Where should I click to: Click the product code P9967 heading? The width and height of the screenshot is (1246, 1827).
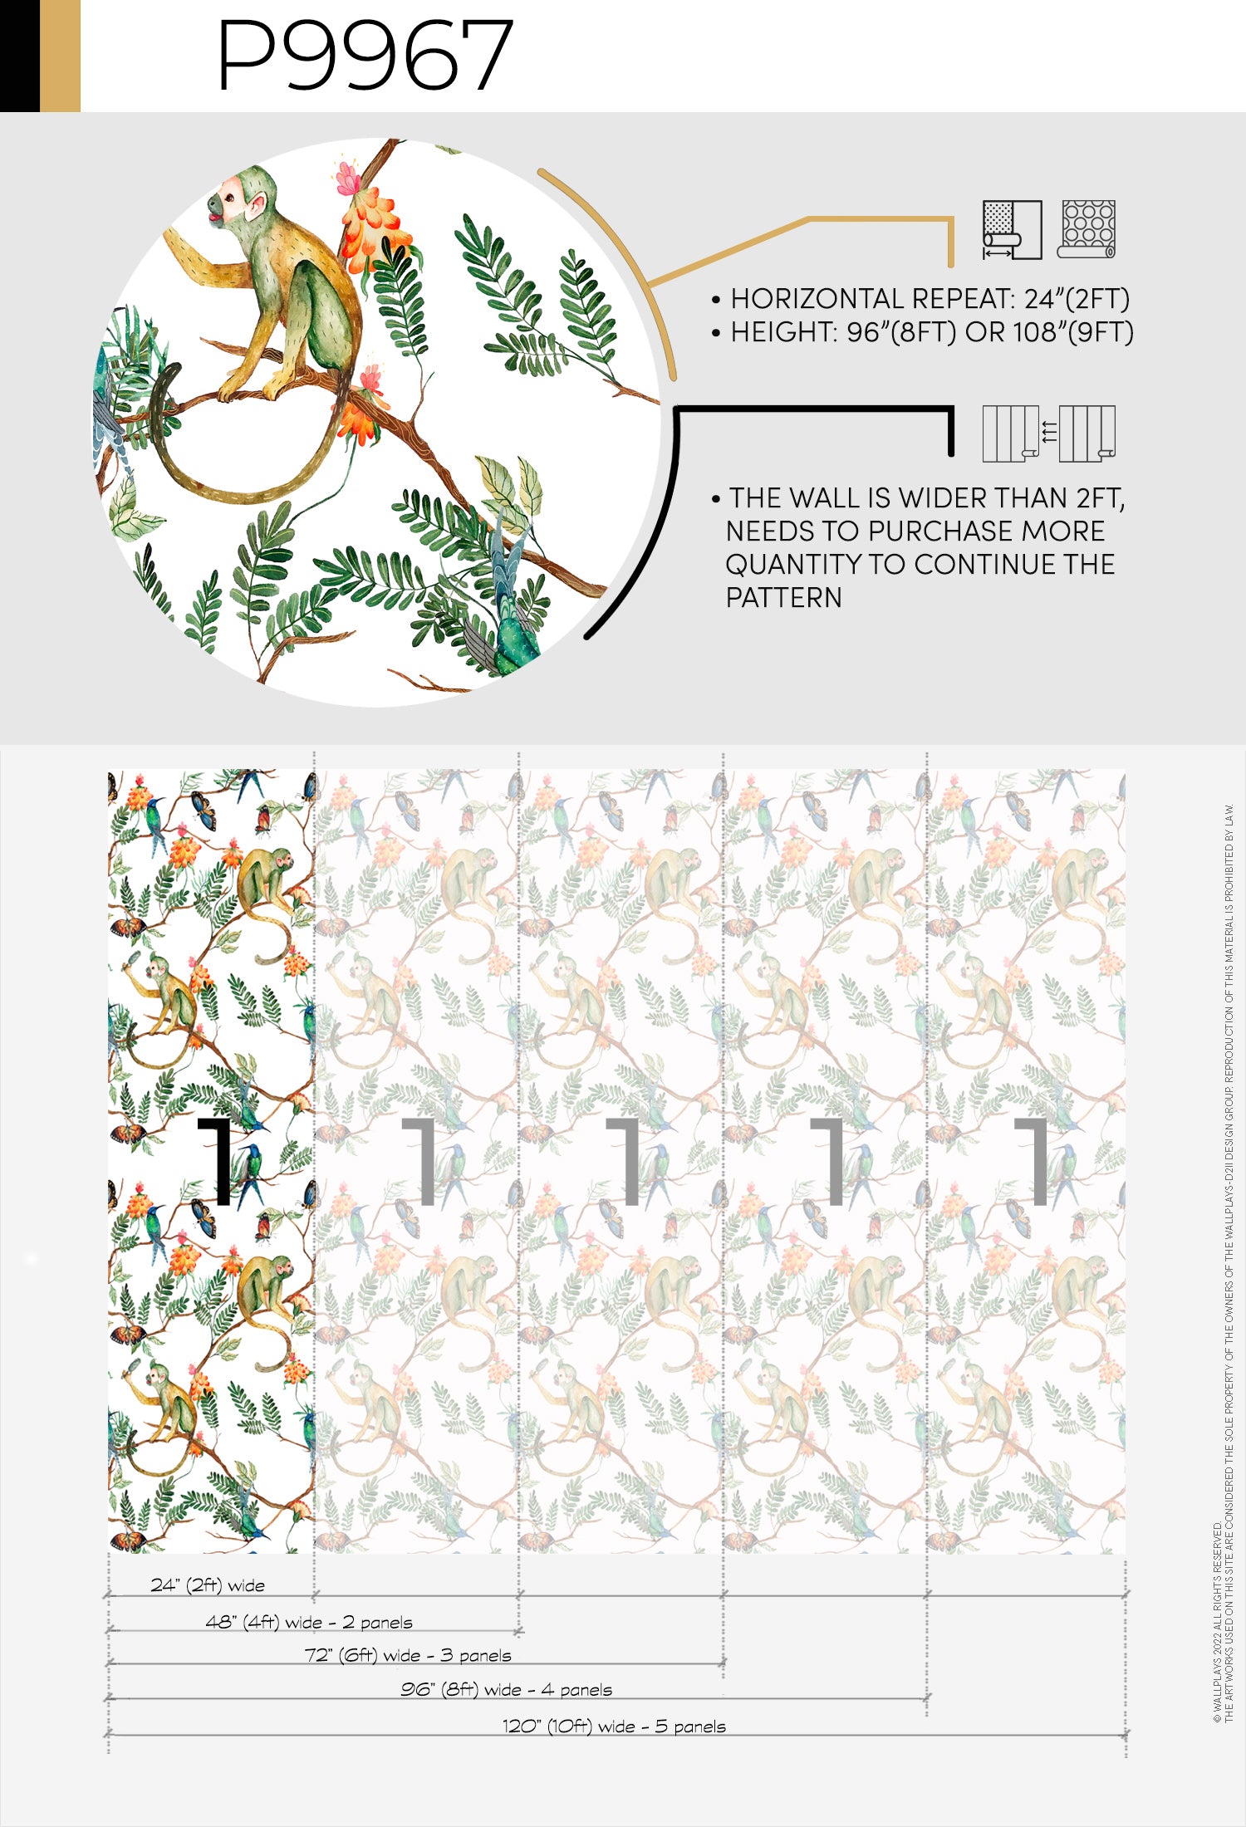tap(365, 55)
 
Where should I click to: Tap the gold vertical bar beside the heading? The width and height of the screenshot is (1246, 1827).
tap(60, 56)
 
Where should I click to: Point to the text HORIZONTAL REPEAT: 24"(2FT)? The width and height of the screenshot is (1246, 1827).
tap(930, 299)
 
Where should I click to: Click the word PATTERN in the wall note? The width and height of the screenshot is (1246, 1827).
tap(783, 598)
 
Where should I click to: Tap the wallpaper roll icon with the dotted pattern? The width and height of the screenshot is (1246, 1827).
tap(1012, 229)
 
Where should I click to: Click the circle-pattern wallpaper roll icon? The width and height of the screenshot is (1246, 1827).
tap(1087, 229)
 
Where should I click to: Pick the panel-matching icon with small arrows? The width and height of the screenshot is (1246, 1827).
tap(1049, 433)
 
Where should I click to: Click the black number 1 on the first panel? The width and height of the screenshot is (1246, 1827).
tap(217, 1161)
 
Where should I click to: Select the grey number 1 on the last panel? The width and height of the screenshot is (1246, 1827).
tap(1033, 1161)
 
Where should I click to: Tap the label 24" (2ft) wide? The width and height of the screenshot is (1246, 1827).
tap(208, 1585)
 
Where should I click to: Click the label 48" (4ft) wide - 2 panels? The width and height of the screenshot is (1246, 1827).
tap(309, 1622)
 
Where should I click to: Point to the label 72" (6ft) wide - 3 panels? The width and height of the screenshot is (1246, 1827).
tap(408, 1655)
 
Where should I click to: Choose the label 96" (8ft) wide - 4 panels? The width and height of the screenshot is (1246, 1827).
tap(506, 1689)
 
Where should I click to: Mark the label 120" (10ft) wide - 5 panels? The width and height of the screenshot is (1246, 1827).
tap(614, 1726)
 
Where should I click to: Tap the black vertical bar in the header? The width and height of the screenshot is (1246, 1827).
tap(20, 56)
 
